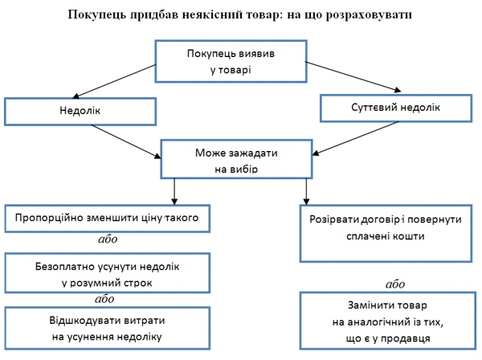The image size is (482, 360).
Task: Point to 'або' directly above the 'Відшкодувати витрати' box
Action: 104,299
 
